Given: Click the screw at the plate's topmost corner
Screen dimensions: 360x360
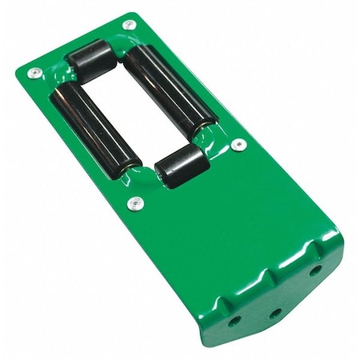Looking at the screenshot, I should [x=128, y=25].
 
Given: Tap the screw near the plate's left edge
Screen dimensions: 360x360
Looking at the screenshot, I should [x=34, y=73].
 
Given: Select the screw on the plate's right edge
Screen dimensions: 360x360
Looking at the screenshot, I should [x=238, y=145].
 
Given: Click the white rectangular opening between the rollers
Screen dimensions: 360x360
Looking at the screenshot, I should [x=132, y=110].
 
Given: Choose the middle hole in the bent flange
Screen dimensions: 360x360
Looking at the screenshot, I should [x=274, y=314].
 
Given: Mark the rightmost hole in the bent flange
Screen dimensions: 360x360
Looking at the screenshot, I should [x=315, y=270].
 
